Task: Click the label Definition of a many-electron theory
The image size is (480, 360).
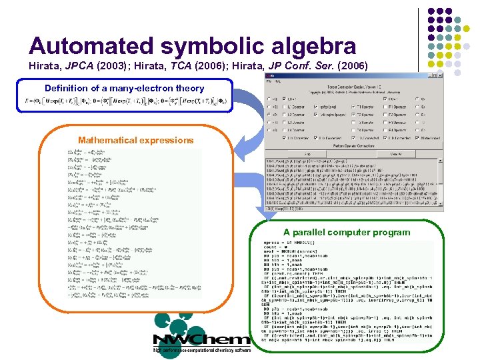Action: pos(124,89)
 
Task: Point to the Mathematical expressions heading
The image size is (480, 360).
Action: pos(135,140)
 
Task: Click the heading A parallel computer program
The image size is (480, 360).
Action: pos(347,233)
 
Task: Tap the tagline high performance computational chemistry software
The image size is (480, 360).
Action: pos(202,349)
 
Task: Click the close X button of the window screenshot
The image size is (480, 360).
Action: pos(440,75)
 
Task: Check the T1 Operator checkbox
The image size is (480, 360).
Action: pos(353,107)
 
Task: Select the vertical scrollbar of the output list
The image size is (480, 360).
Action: pos(441,180)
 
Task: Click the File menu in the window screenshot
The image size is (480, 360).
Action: pos(269,81)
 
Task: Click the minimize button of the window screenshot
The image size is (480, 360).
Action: pos(430,75)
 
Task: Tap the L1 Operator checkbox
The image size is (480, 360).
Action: pos(285,107)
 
